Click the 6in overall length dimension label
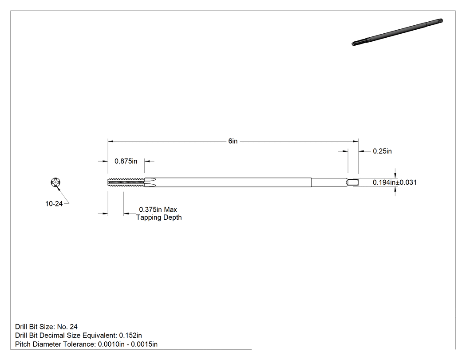tap(233, 141)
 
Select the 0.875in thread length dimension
tap(126, 161)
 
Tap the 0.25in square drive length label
tap(382, 151)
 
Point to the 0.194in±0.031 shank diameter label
tap(395, 182)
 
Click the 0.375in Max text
tap(158, 210)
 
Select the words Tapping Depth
tap(159, 218)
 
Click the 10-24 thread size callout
tap(54, 204)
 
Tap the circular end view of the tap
tap(55, 182)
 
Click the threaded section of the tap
tap(126, 182)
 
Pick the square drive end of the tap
tap(353, 182)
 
